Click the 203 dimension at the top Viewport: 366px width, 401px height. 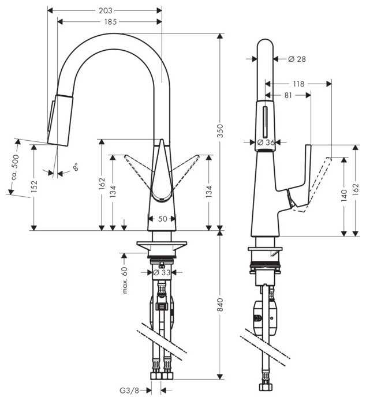point(105,10)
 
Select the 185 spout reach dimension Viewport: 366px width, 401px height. point(110,21)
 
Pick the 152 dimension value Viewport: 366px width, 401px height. point(34,186)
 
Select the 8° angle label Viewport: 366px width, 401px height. point(75,168)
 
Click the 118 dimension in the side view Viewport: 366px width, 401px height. point(298,84)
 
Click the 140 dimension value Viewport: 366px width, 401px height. point(345,196)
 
